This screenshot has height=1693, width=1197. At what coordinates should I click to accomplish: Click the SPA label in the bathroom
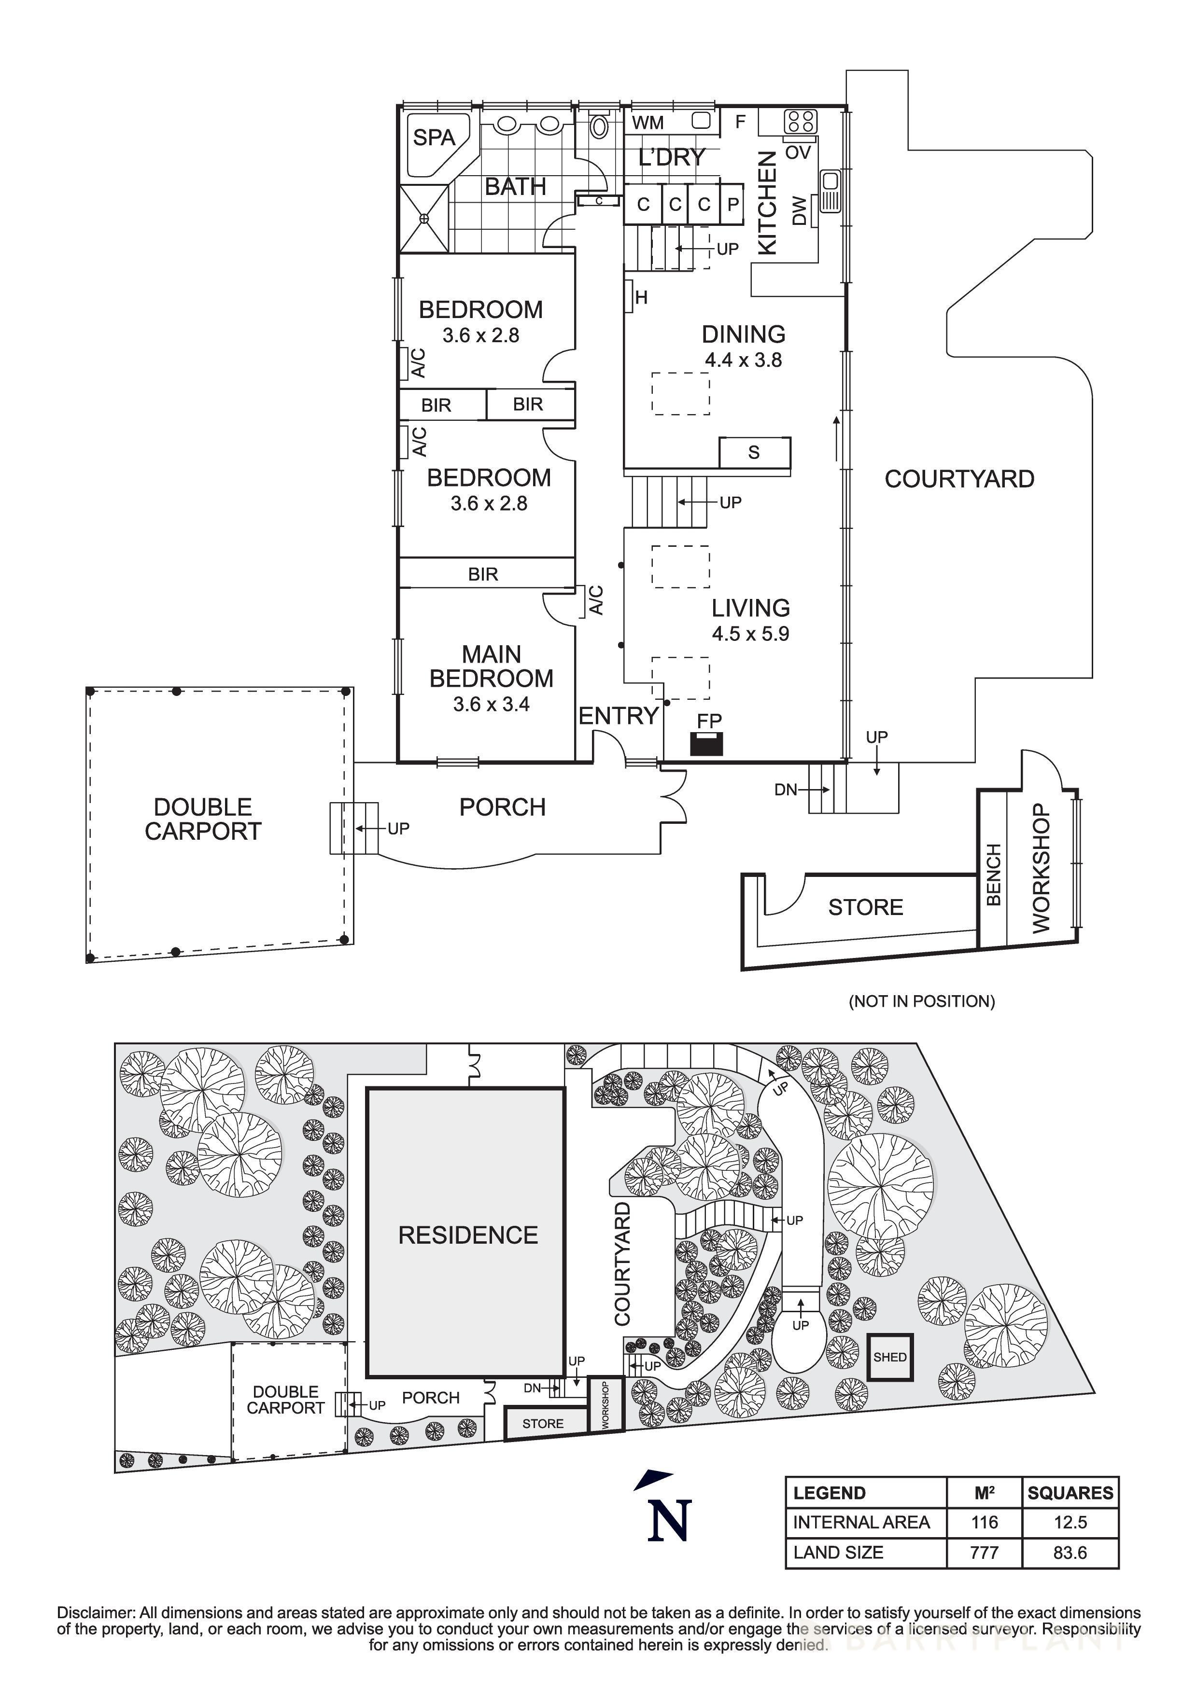tap(434, 138)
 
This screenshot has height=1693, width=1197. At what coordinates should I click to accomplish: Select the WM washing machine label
tap(648, 123)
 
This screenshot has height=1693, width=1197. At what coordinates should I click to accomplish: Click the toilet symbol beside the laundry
tap(599, 127)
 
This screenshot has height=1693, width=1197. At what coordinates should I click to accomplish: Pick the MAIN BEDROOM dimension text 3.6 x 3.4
tap(491, 704)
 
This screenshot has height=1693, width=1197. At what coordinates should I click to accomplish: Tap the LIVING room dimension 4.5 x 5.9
tap(750, 633)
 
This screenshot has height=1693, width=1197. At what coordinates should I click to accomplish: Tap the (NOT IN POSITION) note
tap(921, 1001)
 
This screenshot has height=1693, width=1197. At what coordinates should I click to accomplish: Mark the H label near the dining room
tap(641, 298)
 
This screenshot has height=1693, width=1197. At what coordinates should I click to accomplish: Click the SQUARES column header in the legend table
tap(1070, 1493)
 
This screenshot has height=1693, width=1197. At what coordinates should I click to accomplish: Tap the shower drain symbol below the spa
tap(425, 219)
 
